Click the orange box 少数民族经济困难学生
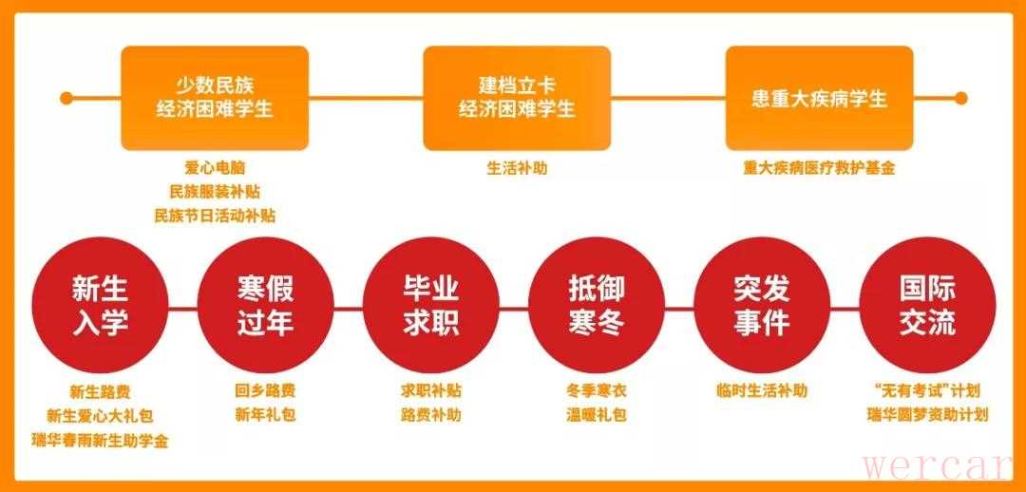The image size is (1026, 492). [215, 98]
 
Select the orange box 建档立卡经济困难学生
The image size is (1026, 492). [517, 98]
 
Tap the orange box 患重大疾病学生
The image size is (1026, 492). [819, 98]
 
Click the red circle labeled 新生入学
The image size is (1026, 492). [100, 305]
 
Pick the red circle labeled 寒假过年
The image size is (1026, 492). [266, 305]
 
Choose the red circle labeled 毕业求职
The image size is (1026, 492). [431, 305]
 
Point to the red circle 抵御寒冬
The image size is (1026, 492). [597, 305]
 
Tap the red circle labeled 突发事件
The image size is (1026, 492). [762, 305]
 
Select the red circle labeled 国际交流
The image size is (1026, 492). [927, 305]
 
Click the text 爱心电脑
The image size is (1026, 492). [215, 168]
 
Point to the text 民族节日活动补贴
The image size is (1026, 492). [215, 216]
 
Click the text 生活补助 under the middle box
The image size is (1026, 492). [517, 168]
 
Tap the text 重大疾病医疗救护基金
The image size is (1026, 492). [819, 168]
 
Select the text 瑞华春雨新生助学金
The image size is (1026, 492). [100, 441]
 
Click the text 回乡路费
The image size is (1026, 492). [265, 391]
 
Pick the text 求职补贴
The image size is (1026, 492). [431, 391]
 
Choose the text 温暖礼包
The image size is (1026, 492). [597, 415]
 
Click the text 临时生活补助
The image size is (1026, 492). [762, 391]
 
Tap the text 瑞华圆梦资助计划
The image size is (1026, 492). [927, 415]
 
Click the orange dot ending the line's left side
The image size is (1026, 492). [66, 98]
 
